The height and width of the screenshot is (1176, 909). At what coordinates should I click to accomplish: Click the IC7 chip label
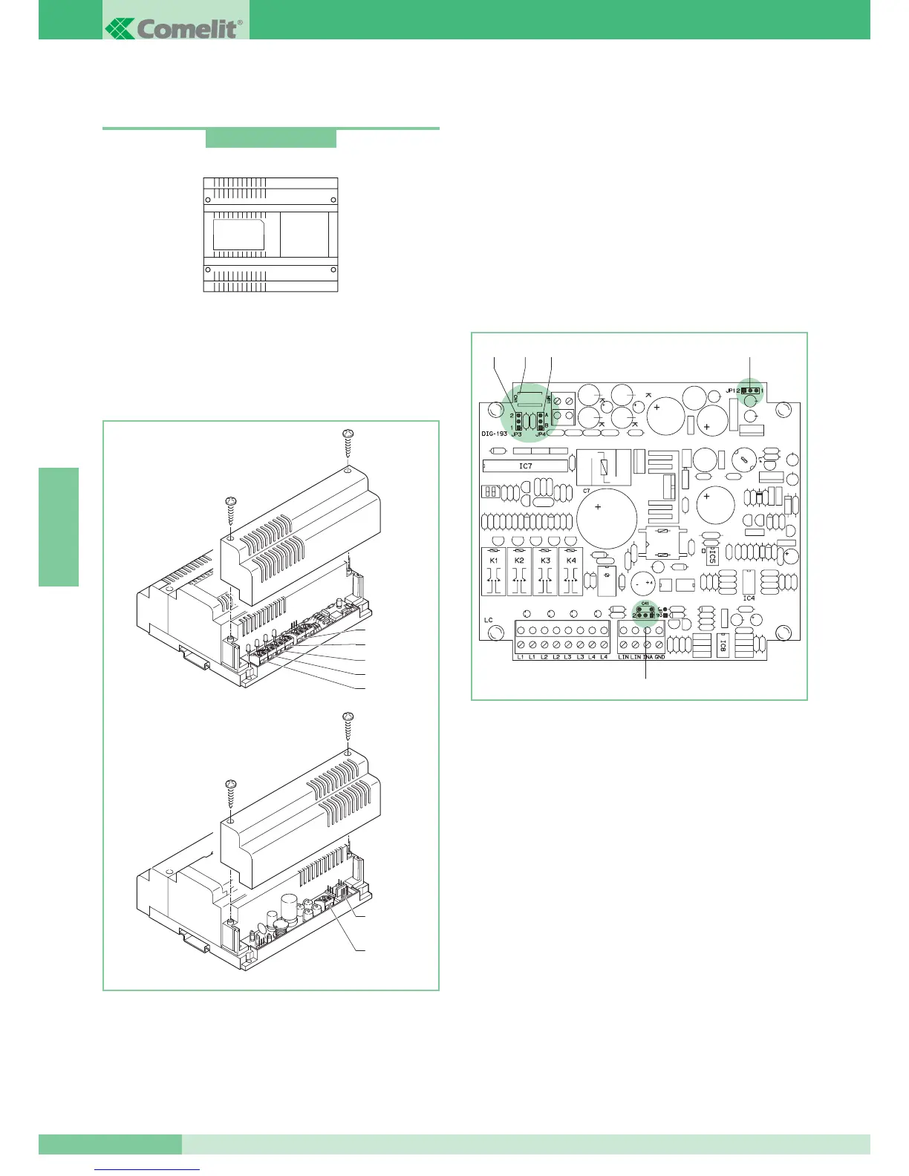click(526, 466)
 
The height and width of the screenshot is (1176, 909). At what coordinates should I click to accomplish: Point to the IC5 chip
click(712, 555)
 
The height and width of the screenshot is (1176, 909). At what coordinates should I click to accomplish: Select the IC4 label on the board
click(749, 598)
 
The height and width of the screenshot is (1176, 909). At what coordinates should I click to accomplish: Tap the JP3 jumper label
click(517, 434)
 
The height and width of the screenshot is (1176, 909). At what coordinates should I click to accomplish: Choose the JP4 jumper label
click(541, 434)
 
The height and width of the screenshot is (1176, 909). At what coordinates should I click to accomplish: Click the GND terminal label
click(659, 657)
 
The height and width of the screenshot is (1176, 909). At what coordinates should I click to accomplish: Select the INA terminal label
click(648, 657)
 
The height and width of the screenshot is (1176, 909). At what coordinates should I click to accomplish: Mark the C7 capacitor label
click(587, 491)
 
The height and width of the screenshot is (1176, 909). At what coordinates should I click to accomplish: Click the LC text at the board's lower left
click(489, 620)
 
